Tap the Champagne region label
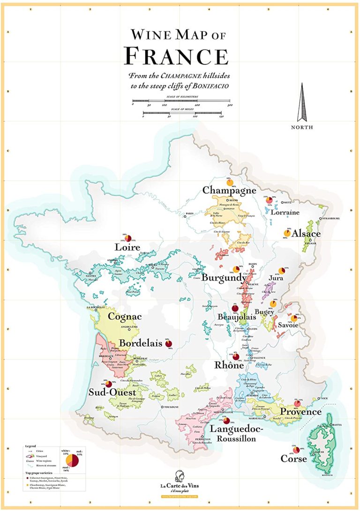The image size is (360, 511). [x=229, y=191]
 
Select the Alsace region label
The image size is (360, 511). [x=306, y=234]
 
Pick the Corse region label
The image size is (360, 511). [x=293, y=459]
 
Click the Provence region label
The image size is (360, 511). [x=301, y=412]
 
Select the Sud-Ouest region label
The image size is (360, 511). [x=112, y=392]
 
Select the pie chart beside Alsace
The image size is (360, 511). [x=287, y=233]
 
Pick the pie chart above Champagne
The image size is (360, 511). [x=229, y=183]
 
